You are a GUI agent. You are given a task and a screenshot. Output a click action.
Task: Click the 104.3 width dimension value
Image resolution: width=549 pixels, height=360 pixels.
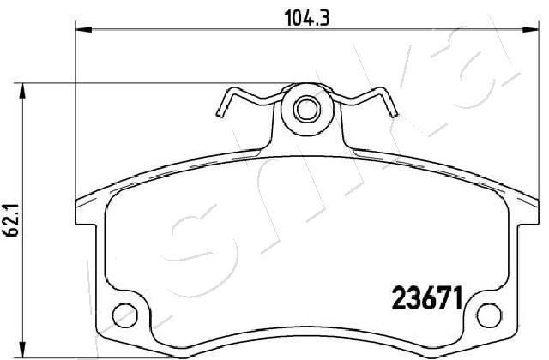click(x=307, y=17)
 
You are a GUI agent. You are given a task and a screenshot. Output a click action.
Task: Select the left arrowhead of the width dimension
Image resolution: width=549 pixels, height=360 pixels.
click(x=83, y=30)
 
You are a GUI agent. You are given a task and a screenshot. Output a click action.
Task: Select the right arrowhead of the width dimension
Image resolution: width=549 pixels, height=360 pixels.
click(x=531, y=30)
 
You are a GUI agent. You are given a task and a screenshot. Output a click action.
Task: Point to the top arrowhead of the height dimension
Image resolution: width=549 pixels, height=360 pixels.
click(x=22, y=92)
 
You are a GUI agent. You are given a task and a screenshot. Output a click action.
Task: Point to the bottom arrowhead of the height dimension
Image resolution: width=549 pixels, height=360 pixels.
click(x=22, y=350)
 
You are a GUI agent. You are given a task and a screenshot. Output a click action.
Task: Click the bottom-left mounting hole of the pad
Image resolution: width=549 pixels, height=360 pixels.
click(x=125, y=315)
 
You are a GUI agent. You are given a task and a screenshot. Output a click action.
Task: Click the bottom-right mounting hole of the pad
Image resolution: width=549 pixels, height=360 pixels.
click(x=489, y=315)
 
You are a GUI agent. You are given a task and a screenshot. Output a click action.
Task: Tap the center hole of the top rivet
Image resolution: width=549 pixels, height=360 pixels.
click(x=307, y=109)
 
